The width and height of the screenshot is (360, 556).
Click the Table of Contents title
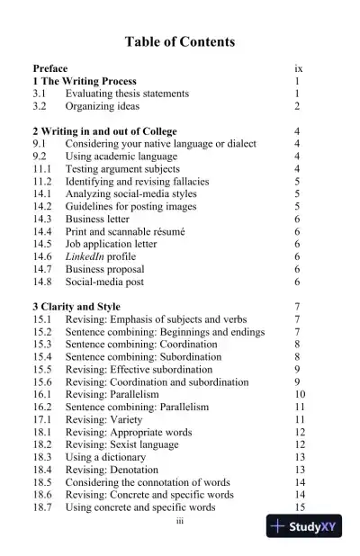point(180,41)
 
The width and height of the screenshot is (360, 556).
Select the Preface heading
point(49,68)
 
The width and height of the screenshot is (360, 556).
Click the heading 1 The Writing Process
point(85,81)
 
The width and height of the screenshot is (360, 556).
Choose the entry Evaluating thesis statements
point(127,94)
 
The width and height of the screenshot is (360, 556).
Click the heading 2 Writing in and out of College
point(104,131)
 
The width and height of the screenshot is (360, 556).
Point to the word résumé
point(168,231)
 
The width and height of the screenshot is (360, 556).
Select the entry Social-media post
point(106,282)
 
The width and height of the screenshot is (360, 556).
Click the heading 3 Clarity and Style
point(76,307)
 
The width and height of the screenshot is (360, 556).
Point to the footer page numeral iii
point(180,520)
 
